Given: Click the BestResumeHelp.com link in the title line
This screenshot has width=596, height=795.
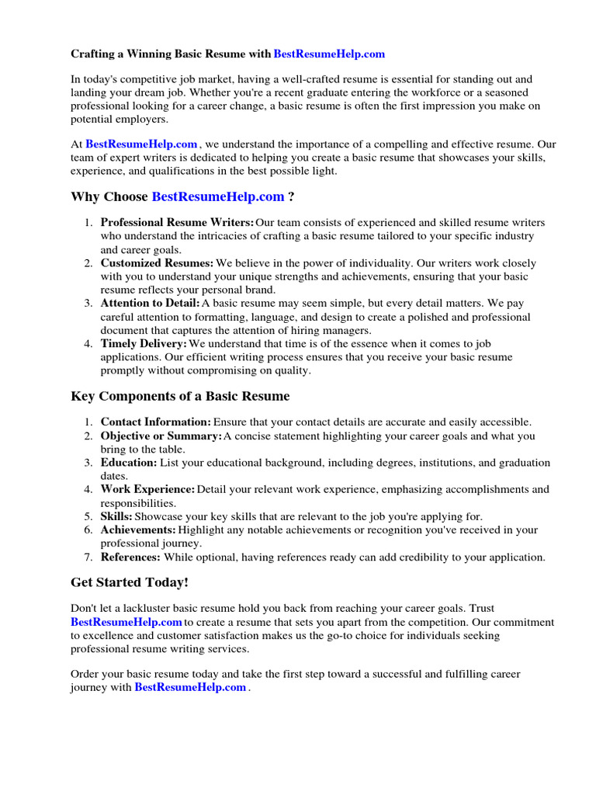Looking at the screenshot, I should (329, 54).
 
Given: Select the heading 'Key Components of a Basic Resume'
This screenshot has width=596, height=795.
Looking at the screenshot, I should (180, 396).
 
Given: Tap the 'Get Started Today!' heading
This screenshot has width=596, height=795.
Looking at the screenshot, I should (130, 581).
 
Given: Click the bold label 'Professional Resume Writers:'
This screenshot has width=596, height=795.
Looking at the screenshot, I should (177, 223).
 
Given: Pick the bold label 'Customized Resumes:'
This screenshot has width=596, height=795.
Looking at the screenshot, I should (158, 263).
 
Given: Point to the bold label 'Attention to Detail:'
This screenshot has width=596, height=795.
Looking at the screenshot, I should (151, 304).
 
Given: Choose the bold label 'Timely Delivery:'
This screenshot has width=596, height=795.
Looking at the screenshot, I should (144, 343).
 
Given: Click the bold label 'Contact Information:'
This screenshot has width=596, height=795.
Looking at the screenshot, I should (155, 422).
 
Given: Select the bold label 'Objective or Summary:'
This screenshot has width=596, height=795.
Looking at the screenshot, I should (161, 436).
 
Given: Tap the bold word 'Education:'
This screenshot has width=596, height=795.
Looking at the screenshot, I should (129, 463).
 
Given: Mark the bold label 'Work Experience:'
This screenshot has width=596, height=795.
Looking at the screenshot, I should (147, 489).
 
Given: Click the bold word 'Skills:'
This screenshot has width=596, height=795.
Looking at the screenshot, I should (116, 516).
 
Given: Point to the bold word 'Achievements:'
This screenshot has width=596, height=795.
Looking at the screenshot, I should (138, 530).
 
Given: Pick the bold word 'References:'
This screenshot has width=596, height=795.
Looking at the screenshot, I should (130, 557).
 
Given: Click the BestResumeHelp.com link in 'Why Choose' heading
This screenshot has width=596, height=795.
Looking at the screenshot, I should (218, 197).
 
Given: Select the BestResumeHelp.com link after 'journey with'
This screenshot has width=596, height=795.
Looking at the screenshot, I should (190, 688).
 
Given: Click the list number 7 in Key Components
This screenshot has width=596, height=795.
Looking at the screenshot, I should (89, 557).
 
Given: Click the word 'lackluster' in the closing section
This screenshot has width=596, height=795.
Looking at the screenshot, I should (151, 609).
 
